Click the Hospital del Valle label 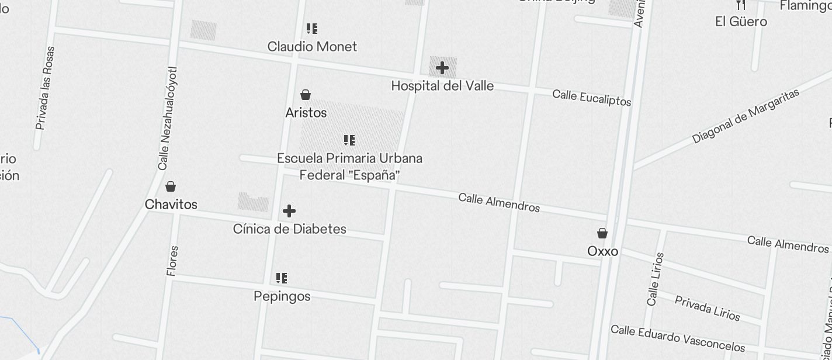tap(442, 86)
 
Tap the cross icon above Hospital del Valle tap(442, 68)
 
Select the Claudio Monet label tap(312, 47)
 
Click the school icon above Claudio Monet tap(312, 28)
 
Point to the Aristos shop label tap(306, 113)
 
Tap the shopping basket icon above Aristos tap(306, 95)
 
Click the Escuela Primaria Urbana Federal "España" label tap(349, 167)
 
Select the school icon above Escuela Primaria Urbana tap(349, 140)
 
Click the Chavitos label tap(171, 205)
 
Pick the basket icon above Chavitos tap(171, 186)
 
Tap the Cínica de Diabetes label tap(289, 229)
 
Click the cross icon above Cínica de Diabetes tap(289, 211)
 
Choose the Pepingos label tap(282, 296)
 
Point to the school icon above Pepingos tap(282, 278)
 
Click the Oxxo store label tap(602, 251)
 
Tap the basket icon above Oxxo tap(602, 233)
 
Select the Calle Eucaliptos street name tap(591, 98)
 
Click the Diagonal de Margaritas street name tap(745, 116)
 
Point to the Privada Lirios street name tap(707, 308)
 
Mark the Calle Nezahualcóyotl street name tap(167, 119)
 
